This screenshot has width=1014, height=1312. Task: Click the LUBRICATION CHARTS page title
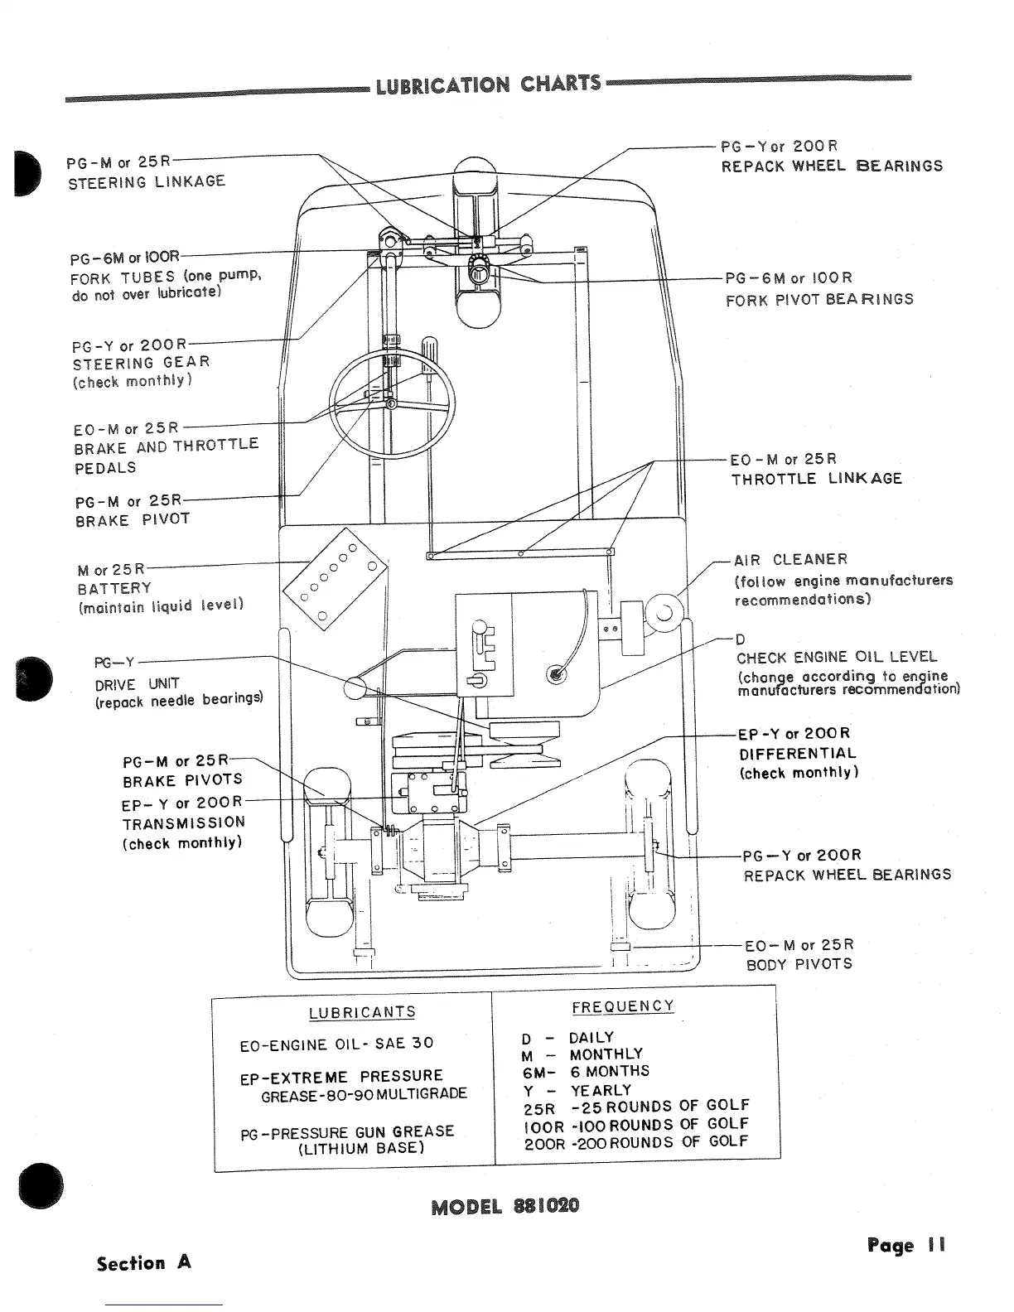point(488,84)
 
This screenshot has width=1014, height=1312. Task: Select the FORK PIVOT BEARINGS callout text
point(819,299)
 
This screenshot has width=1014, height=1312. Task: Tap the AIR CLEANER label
point(791,560)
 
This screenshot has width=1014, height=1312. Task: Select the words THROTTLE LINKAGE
point(816,478)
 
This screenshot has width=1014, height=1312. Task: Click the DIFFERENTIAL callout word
point(798,754)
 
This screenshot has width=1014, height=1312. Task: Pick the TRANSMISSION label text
point(184,822)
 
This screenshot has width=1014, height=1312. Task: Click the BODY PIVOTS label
point(799,964)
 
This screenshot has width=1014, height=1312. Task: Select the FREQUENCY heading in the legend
point(623,1006)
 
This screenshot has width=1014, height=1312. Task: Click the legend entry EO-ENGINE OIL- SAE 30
point(336,1044)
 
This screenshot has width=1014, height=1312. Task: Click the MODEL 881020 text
point(505,1205)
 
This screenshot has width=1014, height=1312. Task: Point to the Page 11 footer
point(906,1245)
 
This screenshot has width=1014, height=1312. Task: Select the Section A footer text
point(144,1263)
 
